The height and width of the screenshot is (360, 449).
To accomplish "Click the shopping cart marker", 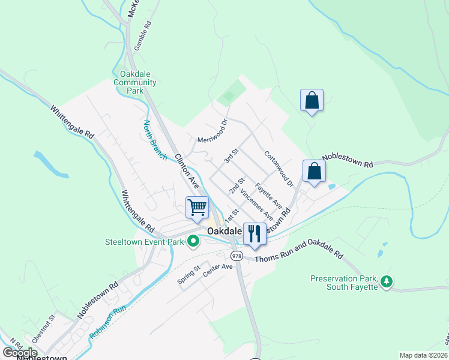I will click(197, 208).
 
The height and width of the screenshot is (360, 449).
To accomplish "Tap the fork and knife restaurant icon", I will click(255, 234).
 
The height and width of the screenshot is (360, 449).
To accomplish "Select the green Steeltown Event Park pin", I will click(193, 242).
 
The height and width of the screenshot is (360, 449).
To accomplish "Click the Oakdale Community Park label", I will click(134, 83).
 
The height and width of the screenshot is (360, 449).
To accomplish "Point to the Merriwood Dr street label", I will click(213, 131).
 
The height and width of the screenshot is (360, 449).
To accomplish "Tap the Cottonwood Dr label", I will click(278, 167).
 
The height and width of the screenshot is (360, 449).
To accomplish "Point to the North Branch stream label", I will click(155, 140).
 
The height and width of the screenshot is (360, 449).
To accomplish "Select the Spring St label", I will click(188, 278).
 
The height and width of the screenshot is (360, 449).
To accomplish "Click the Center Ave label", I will click(217, 270).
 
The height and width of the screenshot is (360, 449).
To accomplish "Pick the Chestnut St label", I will click(44, 328).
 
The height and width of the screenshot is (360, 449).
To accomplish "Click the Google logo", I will click(19, 353).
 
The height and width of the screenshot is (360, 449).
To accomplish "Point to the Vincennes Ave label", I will click(256, 206).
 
